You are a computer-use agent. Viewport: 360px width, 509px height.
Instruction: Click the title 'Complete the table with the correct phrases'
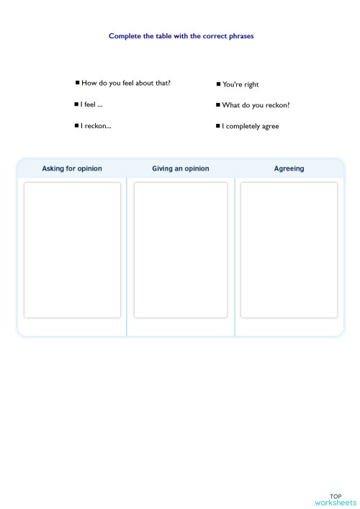point(181,35)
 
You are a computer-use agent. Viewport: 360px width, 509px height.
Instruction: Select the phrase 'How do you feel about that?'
point(126,83)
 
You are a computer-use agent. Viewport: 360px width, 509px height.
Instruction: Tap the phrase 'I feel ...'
point(91,104)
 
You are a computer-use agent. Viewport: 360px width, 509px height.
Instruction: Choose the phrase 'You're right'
point(240,84)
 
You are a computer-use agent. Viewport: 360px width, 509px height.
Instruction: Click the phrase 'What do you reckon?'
point(256,105)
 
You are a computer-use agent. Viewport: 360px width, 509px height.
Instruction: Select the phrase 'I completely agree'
point(251,127)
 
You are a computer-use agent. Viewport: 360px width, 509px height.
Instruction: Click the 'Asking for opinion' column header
point(72,168)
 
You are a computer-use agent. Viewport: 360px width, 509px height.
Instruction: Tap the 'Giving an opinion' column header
point(181,168)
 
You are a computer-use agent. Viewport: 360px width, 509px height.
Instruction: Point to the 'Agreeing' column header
point(289,168)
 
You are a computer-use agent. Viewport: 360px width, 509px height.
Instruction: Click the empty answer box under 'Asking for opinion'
point(72,250)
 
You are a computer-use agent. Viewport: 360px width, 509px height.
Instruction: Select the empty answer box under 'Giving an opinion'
point(181,250)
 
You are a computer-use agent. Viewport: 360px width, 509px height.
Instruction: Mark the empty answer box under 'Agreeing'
point(289,250)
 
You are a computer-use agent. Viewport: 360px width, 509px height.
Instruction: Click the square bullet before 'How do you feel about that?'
point(78,83)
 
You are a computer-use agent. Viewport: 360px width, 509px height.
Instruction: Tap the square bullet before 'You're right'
point(218,84)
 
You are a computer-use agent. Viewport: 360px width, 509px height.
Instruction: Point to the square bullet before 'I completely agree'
point(217,127)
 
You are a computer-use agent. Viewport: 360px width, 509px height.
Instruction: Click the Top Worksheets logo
point(336,499)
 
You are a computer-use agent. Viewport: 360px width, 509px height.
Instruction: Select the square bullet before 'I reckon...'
point(76,126)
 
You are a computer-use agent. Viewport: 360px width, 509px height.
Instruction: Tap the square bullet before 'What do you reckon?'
point(217,105)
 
